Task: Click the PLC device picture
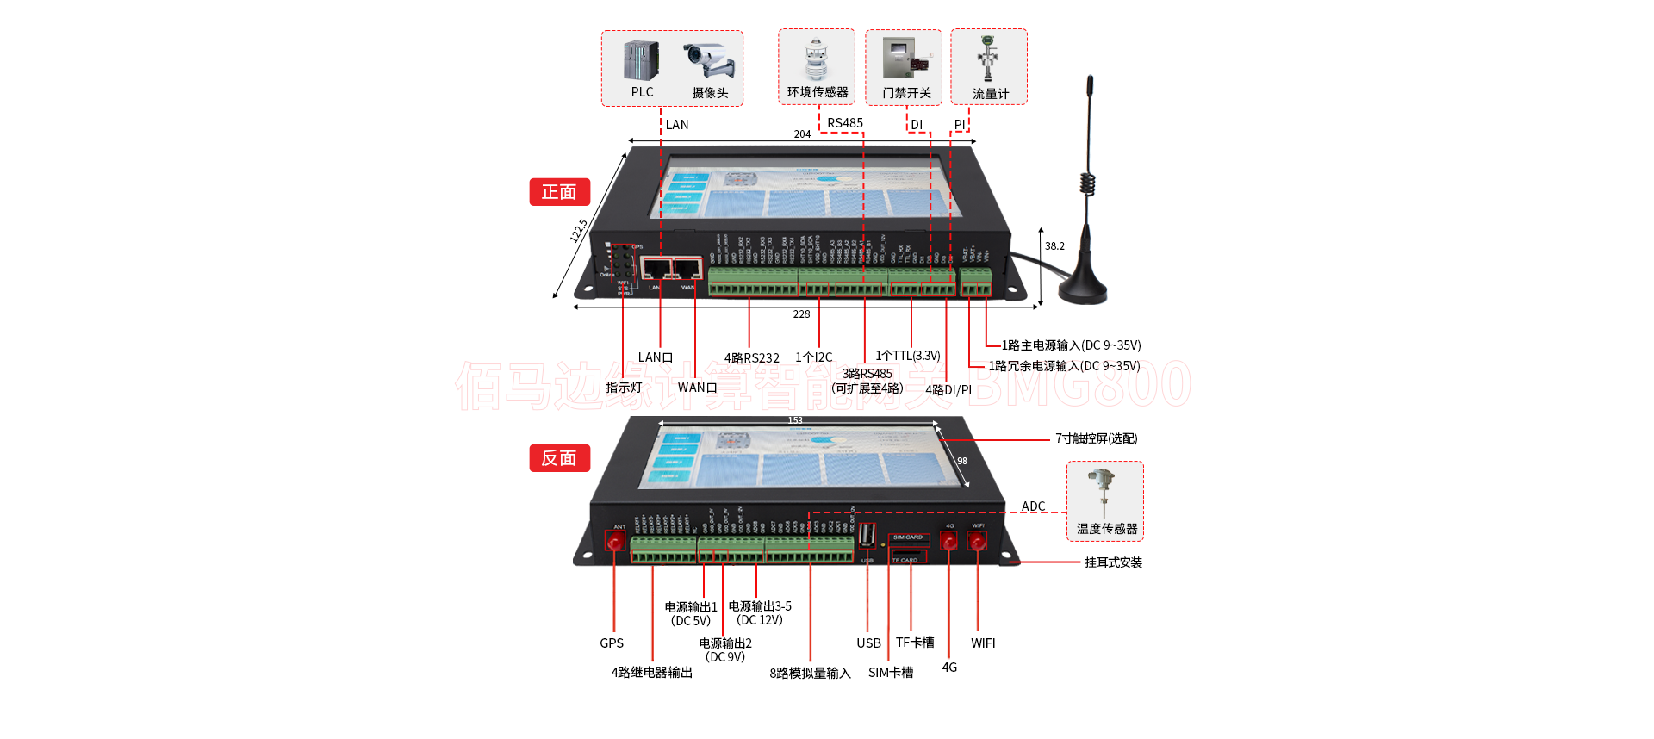(641, 61)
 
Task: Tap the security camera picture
(710, 60)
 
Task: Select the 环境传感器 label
(817, 92)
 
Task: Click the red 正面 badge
(559, 192)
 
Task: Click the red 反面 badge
(559, 458)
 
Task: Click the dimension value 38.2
(1054, 246)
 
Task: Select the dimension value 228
(801, 314)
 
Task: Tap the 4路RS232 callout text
(751, 358)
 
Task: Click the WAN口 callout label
(697, 388)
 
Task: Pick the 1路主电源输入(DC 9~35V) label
(1071, 345)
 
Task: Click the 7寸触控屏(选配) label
(1096, 438)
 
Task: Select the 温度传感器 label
(1107, 529)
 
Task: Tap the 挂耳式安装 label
(1113, 562)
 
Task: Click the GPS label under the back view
(612, 643)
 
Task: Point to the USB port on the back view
(867, 535)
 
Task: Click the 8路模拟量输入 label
(810, 674)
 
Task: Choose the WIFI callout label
(983, 643)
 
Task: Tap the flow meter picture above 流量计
(988, 58)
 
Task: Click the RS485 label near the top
(844, 123)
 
